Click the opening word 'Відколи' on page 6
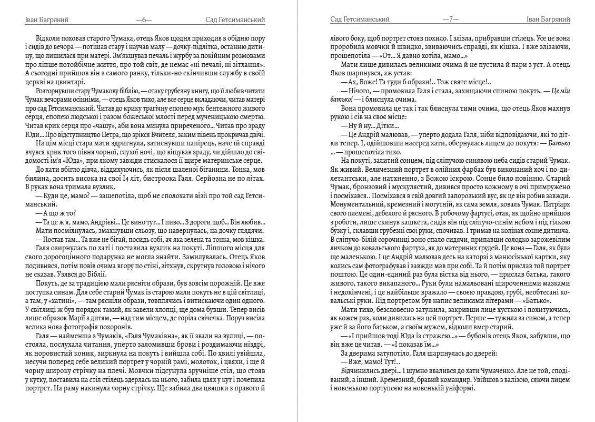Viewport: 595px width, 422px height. pos(49,38)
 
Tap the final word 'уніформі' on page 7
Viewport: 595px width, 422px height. pos(459,388)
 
